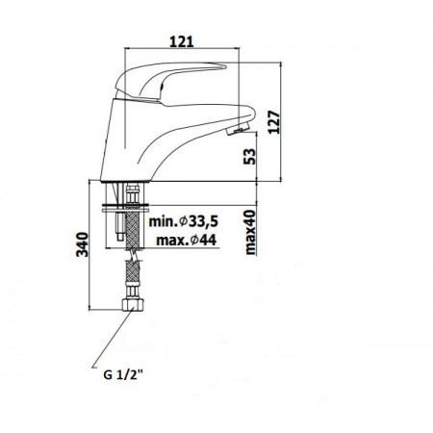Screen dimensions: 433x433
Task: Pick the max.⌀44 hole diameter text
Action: click(185, 240)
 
